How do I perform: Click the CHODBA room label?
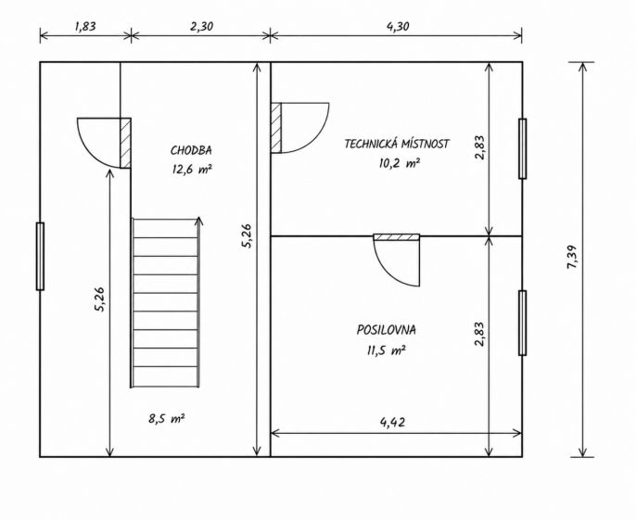(x=191, y=150)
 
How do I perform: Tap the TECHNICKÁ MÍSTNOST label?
(x=397, y=144)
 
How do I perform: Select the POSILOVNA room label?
(x=386, y=330)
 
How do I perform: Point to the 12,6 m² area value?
(x=192, y=169)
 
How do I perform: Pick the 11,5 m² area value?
(x=386, y=350)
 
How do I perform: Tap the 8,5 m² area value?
(x=167, y=418)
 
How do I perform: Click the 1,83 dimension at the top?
(x=85, y=26)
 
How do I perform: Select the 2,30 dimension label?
(x=201, y=26)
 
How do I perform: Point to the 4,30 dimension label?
(x=398, y=26)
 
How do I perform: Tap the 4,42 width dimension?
(x=392, y=423)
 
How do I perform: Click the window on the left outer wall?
(x=40, y=257)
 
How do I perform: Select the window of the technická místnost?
(x=523, y=148)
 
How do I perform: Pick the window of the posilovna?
(x=523, y=323)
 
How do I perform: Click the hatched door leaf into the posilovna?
(x=396, y=237)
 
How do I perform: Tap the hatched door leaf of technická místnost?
(x=276, y=128)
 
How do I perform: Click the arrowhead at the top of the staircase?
(x=198, y=221)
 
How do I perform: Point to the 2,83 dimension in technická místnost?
(x=480, y=147)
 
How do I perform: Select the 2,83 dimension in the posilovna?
(x=480, y=335)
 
